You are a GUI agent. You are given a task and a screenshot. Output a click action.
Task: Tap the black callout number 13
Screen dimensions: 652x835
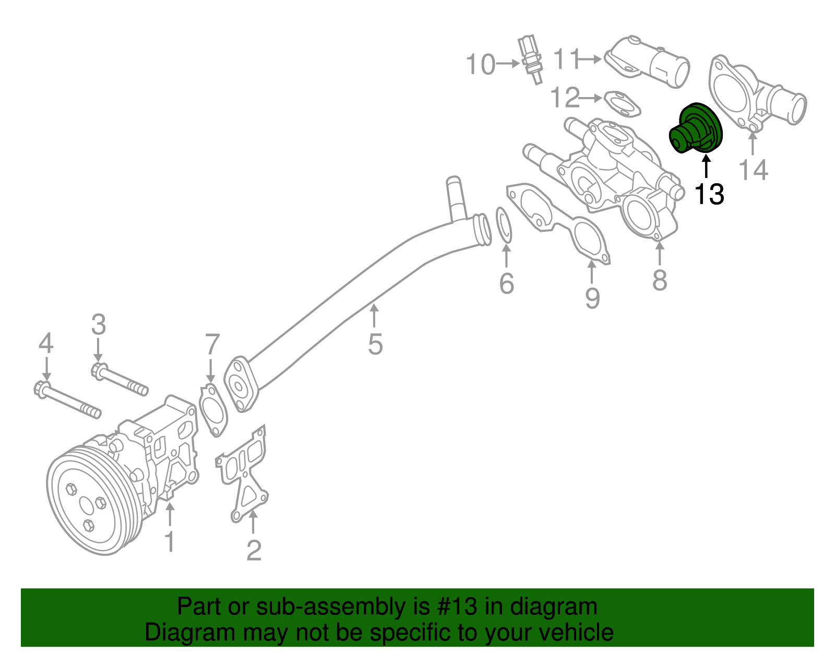click(x=709, y=194)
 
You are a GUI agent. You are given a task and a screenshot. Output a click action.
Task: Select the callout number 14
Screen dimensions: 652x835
click(x=754, y=170)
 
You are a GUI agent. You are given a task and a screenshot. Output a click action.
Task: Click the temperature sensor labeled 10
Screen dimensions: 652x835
click(x=531, y=58)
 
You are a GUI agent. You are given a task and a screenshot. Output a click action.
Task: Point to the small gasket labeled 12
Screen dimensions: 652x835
click(x=622, y=104)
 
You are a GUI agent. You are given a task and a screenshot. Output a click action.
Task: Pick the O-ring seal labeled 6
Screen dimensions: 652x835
click(x=504, y=225)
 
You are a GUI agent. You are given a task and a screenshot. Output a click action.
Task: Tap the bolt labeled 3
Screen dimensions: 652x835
click(x=120, y=382)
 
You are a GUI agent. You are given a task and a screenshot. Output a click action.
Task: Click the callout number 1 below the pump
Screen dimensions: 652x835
click(x=170, y=542)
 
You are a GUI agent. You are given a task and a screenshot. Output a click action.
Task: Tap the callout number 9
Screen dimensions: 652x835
click(x=592, y=298)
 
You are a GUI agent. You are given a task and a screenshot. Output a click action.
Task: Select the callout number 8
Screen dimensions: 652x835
click(x=660, y=280)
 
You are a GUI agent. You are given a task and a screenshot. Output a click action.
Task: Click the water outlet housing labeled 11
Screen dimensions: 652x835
click(x=647, y=65)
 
